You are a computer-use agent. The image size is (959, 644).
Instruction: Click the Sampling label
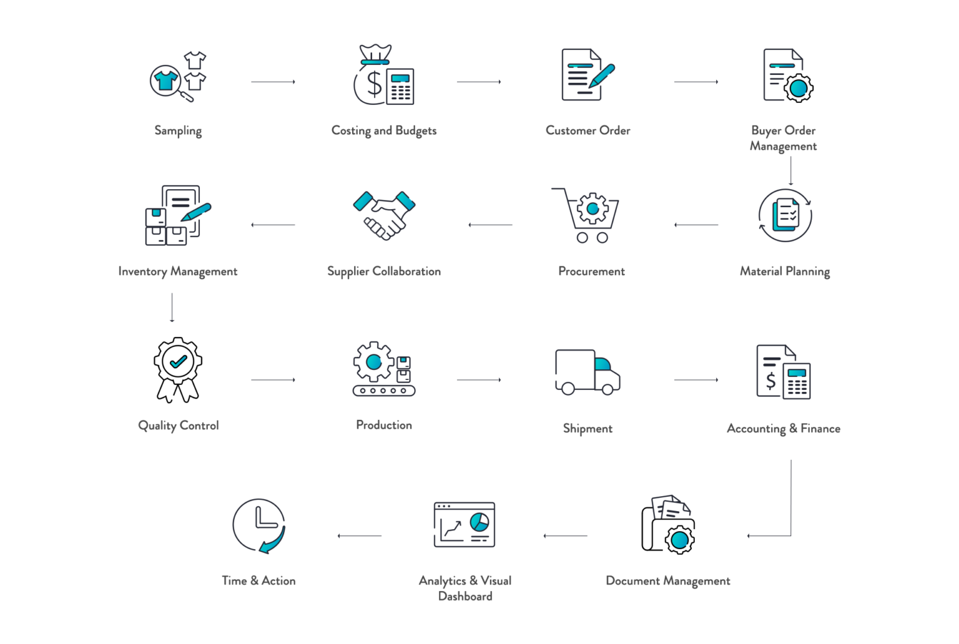tap(178, 130)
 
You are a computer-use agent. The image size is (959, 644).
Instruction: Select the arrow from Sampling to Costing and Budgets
tap(273, 82)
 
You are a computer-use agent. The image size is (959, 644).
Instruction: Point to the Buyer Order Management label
tap(784, 138)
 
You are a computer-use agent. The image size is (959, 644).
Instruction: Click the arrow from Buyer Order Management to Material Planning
tap(791, 170)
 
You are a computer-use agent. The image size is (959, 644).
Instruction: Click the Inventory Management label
tap(178, 271)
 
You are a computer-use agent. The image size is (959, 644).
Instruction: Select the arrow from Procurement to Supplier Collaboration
tap(491, 225)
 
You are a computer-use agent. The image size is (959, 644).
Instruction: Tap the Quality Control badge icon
tap(178, 369)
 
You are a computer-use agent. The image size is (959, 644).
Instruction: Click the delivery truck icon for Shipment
tap(587, 373)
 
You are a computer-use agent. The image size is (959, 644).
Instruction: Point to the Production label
tap(384, 425)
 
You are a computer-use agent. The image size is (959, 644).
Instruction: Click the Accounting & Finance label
tap(784, 429)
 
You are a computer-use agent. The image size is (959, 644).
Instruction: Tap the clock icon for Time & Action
tap(258, 525)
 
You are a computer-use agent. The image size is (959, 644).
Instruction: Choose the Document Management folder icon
tap(668, 525)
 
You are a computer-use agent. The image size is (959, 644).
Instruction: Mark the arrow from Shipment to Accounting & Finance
tap(696, 379)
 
